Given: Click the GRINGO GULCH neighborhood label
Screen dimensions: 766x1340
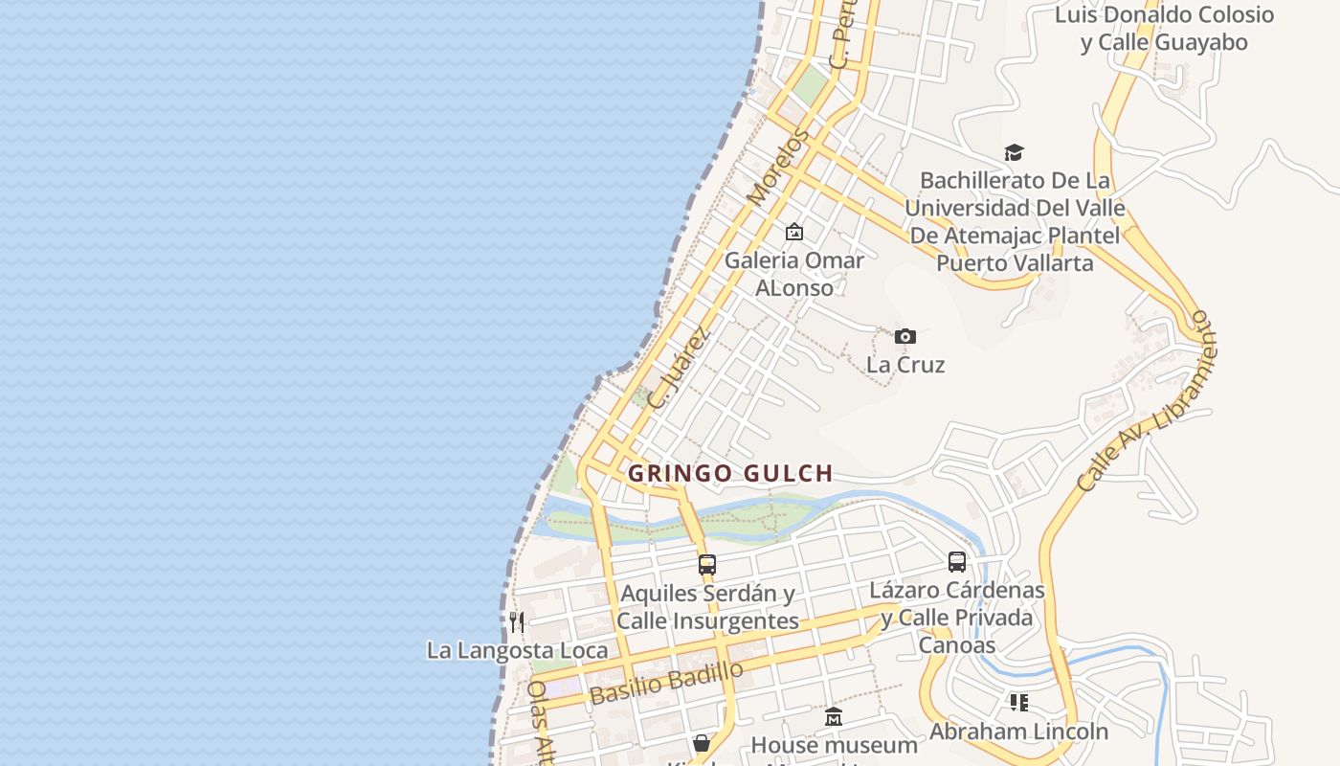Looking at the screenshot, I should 730,473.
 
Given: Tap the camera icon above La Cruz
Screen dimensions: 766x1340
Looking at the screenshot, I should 904,336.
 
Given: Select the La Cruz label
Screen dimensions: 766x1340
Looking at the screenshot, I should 905,365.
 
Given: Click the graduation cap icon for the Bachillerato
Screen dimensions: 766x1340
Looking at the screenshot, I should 1014,152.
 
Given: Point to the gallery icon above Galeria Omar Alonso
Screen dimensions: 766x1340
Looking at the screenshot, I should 793,232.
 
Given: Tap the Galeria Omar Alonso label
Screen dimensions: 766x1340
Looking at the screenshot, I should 793,273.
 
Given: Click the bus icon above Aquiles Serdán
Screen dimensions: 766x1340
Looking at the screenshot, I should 707,565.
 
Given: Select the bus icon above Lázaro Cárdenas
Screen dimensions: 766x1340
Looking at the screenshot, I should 957,562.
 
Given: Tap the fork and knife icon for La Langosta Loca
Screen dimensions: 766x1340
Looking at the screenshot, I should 517,622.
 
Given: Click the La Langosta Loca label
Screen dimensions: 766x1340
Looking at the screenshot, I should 517,650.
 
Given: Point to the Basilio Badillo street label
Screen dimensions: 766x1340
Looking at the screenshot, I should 666,684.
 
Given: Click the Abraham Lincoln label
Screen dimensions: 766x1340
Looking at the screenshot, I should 1018,732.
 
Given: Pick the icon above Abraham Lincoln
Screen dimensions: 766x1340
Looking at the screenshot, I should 1018,703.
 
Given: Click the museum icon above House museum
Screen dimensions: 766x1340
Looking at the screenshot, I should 834,716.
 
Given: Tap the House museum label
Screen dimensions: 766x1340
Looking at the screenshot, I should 834,745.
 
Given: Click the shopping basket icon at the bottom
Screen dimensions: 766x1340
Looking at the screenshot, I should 702,743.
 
